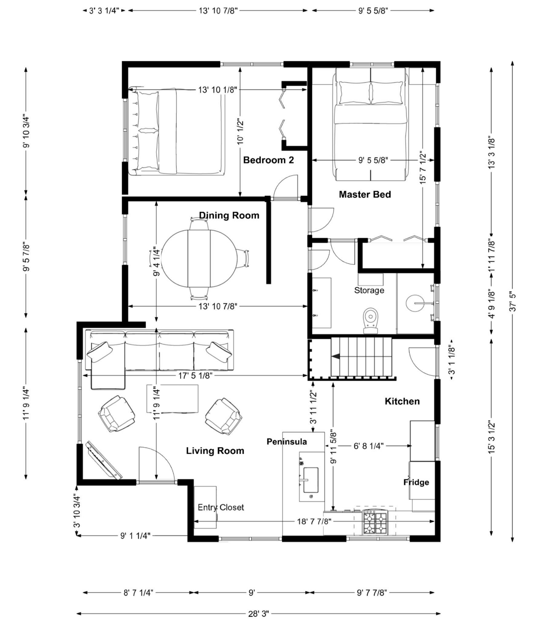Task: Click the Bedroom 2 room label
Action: tap(268, 160)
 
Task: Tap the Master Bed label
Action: tap(365, 194)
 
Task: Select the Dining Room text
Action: tap(229, 215)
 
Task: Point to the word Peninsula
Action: tap(287, 441)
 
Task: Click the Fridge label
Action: tap(416, 482)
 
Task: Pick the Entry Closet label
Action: tap(221, 507)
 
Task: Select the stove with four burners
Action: tap(375, 522)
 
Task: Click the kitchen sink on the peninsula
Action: tap(311, 480)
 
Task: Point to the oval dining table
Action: tap(199, 259)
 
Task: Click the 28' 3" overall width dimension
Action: tap(258, 614)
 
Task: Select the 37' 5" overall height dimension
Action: tap(513, 302)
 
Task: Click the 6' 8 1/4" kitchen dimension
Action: tap(368, 446)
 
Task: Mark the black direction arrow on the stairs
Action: tap(336, 357)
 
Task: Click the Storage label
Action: tap(369, 290)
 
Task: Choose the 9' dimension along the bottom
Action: tap(252, 593)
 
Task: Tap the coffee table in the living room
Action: tap(172, 399)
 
